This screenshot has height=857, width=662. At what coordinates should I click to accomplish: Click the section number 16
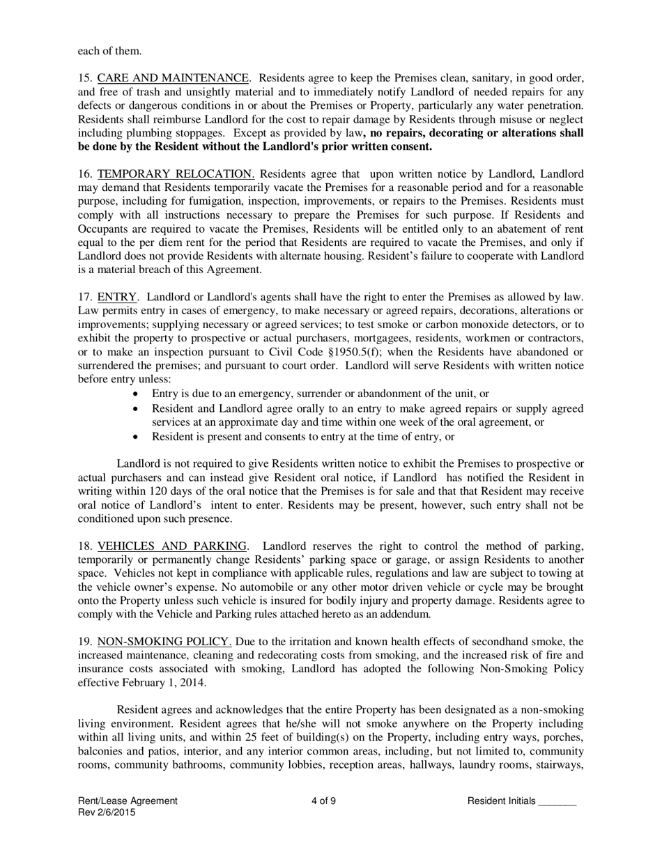[x=84, y=173]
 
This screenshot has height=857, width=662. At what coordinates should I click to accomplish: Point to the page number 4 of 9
[x=324, y=801]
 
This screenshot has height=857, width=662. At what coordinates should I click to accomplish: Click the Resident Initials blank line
[x=557, y=803]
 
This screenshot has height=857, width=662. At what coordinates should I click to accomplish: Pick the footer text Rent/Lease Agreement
[x=128, y=801]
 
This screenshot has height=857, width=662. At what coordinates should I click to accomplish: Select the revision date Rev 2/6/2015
[x=107, y=812]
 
